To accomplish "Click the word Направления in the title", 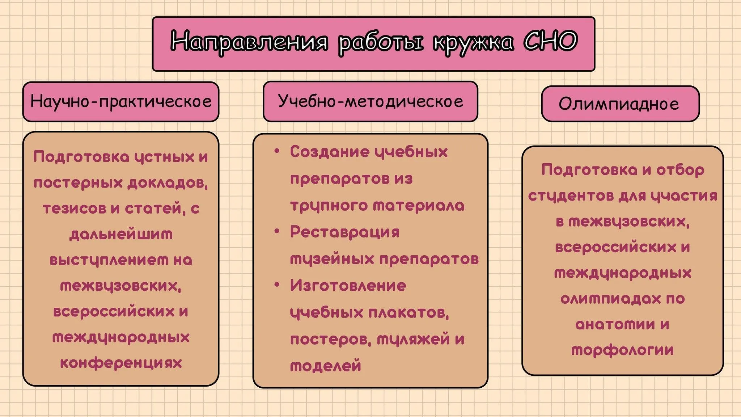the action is (249, 42).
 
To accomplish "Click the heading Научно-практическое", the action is (121, 101).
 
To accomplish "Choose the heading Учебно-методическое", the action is (370, 101).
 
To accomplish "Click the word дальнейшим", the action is (121, 235).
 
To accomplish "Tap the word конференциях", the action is (121, 363).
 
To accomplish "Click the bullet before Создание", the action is (277, 151).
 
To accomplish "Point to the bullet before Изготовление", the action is (277, 285).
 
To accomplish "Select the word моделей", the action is (326, 366).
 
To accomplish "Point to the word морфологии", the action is (622, 350).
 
